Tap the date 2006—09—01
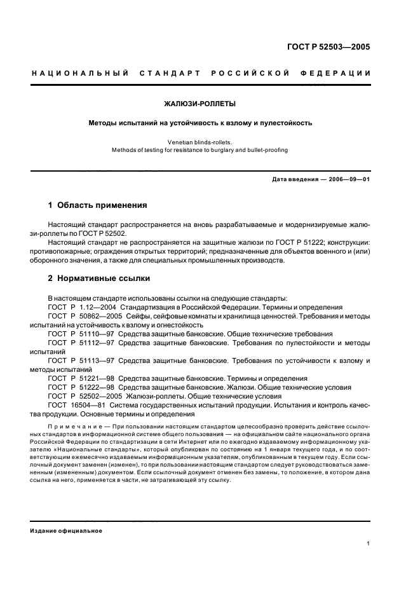click(x=348, y=179)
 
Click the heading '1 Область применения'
click(x=98, y=205)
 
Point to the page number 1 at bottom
click(x=369, y=544)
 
